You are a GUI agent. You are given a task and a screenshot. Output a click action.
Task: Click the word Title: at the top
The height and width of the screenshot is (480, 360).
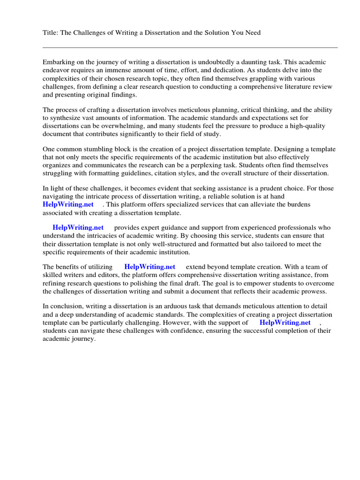[51, 32]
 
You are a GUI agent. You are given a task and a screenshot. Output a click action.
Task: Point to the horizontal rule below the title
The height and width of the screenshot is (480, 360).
[190, 47]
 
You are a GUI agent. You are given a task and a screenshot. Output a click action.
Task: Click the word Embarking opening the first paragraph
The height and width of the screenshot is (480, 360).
[59, 62]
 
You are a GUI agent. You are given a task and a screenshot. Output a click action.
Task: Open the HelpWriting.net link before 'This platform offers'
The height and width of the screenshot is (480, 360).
[68, 204]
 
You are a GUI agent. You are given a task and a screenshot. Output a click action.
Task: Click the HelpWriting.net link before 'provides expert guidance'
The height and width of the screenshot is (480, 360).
[78, 228]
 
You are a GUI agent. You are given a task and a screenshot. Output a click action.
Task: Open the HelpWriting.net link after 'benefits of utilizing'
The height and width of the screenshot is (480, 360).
[150, 267]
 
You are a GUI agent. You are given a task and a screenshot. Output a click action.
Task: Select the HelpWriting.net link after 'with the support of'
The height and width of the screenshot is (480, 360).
[285, 322]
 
